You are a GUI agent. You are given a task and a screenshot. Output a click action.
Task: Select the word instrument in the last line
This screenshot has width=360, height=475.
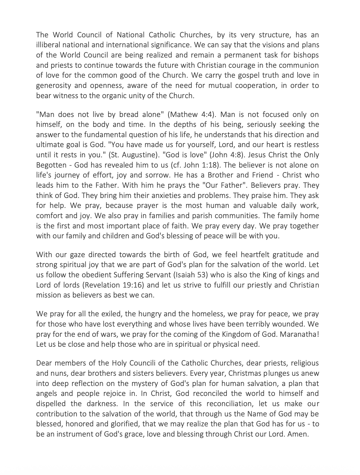(x=75, y=434)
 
